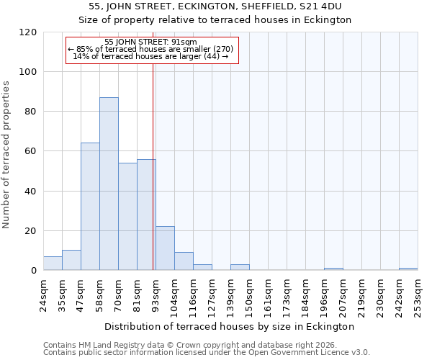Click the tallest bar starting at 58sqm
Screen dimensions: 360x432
(109, 184)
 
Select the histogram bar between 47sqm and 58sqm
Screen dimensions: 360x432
(90, 207)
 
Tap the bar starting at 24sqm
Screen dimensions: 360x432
(53, 264)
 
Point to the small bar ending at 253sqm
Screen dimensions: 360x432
(408, 269)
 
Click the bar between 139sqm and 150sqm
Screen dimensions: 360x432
(240, 267)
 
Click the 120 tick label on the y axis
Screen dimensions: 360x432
(28, 32)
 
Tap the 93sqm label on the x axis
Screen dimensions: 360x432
(156, 296)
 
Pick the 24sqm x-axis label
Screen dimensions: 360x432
(43, 296)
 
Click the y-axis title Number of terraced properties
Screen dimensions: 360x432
(7, 155)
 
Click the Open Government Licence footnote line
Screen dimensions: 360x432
(207, 353)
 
